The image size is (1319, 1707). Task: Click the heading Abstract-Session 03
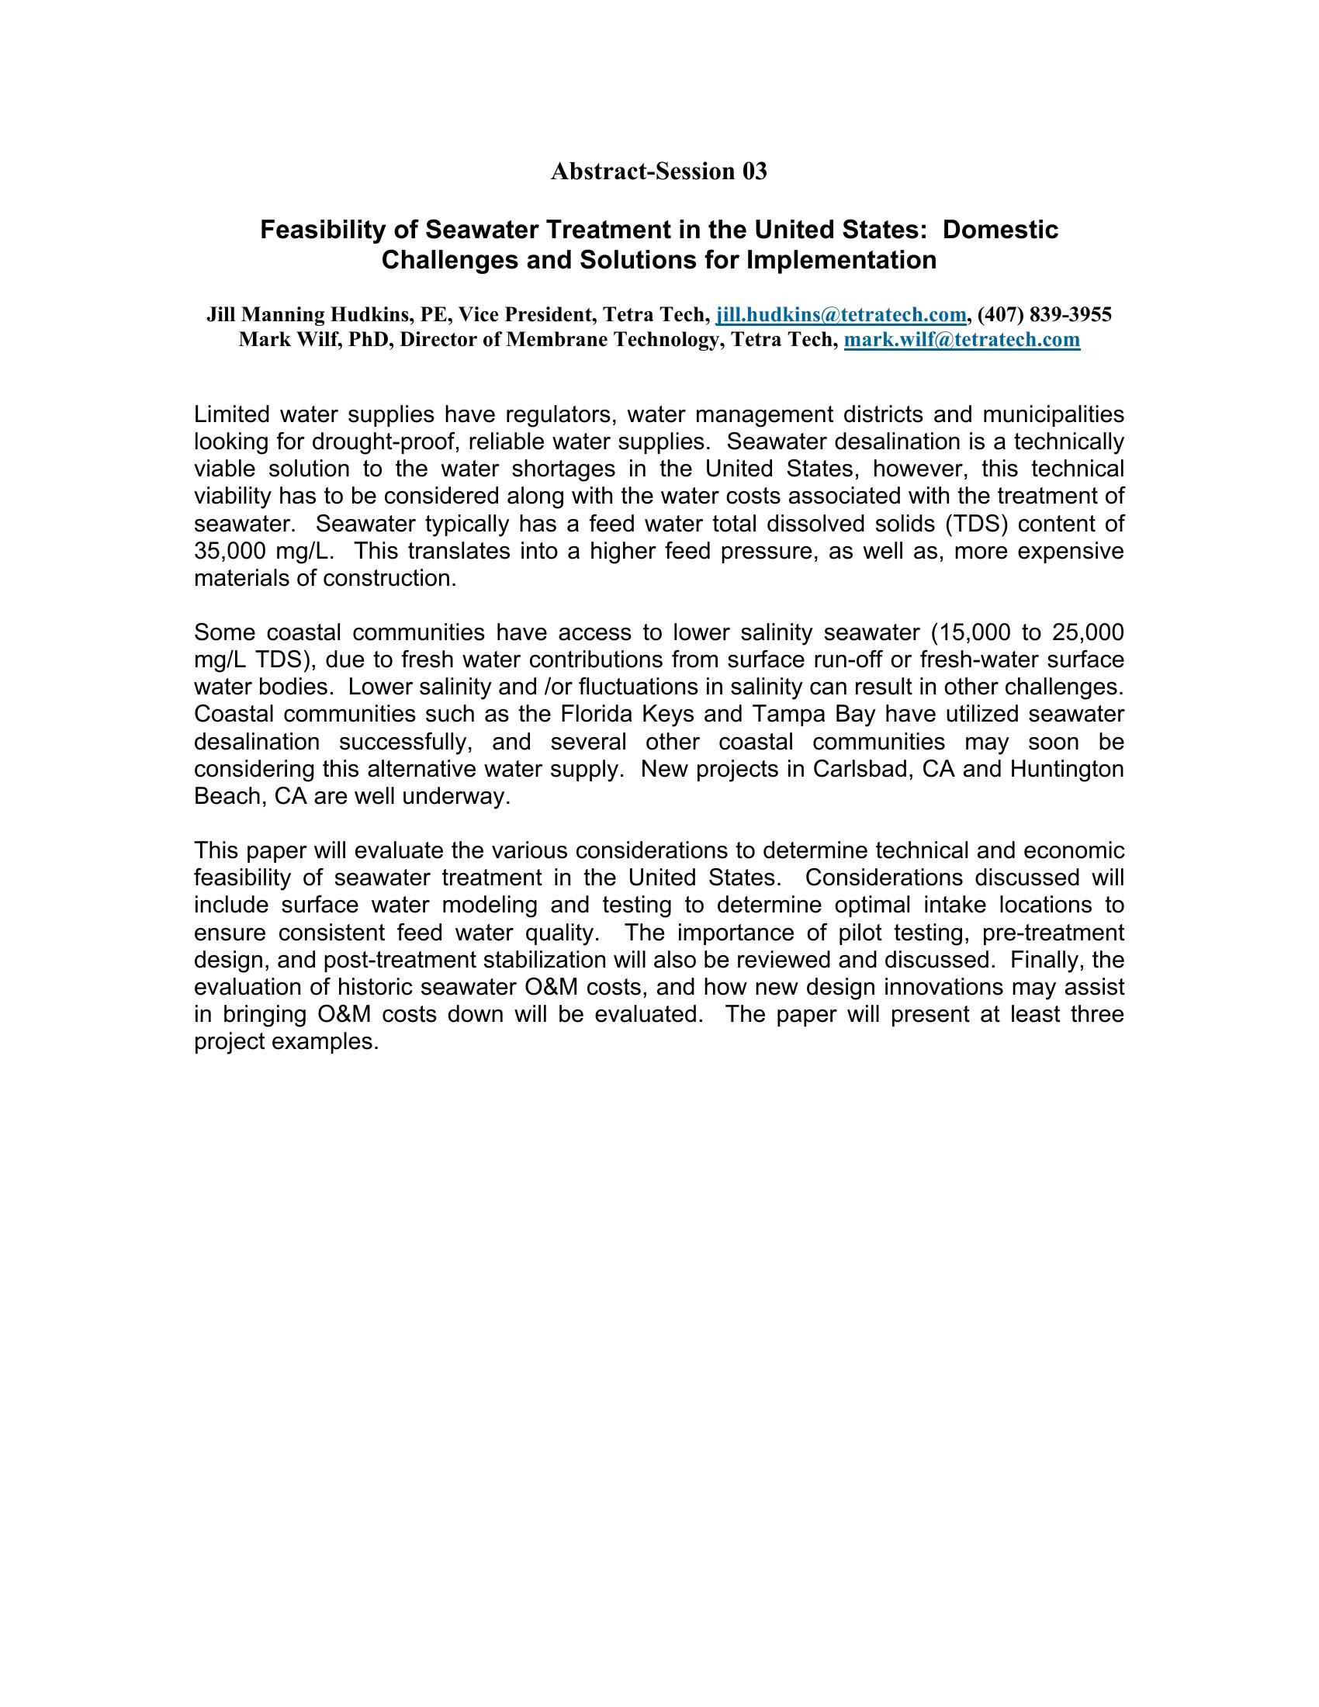point(659,172)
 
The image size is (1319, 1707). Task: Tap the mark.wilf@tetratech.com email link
point(962,339)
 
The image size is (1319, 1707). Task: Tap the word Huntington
point(1067,769)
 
